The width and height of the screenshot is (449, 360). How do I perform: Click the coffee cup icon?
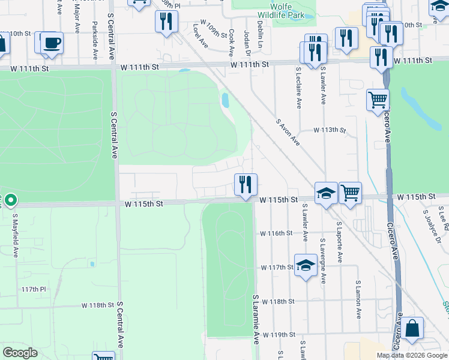click(50, 43)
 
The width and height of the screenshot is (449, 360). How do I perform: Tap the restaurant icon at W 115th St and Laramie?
click(245, 185)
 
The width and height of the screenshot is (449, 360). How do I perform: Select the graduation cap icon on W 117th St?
click(306, 266)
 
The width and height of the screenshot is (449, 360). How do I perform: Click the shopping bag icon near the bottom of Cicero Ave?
click(412, 328)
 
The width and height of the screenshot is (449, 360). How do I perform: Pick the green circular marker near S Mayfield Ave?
click(11, 200)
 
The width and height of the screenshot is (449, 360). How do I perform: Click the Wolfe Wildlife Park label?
click(273, 10)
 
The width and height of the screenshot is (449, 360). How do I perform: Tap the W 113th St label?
click(330, 130)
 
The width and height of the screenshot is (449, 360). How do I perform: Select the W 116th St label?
click(276, 233)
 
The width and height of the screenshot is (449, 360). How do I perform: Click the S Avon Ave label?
click(288, 131)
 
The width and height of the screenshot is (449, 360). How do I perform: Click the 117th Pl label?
click(34, 289)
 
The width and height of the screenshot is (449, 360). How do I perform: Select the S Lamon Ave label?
click(358, 299)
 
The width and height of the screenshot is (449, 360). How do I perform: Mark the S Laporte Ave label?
click(340, 242)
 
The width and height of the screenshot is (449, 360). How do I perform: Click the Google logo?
click(20, 352)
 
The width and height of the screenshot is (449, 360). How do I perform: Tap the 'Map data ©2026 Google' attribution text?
click(412, 355)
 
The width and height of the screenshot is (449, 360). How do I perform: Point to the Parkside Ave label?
click(95, 41)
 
